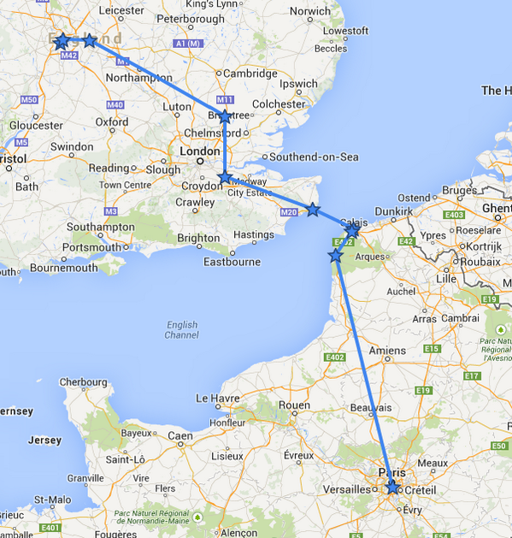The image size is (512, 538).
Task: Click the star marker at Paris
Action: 391,488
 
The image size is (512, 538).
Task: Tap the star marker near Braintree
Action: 224,116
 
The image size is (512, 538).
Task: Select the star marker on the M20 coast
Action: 314,210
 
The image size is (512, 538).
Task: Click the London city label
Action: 199,151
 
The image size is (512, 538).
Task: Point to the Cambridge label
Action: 250,74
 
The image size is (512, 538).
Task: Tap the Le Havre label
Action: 215,398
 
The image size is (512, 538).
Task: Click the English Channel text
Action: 181,330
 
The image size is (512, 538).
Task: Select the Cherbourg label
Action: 85,381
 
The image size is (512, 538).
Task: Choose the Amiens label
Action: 387,351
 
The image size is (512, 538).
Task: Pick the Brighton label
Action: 197,239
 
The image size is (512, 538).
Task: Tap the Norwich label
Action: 309,12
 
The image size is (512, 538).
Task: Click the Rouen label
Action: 294,405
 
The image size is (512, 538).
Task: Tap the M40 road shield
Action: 115,104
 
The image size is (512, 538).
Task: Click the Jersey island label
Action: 44,440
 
